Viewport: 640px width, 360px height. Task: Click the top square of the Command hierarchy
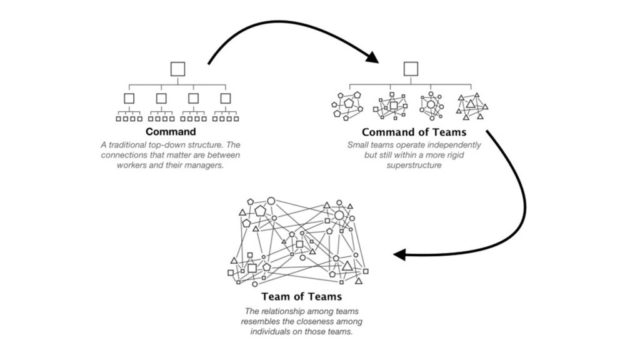click(x=178, y=69)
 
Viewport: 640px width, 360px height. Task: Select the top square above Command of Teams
click(x=411, y=69)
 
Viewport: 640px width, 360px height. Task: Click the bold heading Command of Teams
click(x=414, y=132)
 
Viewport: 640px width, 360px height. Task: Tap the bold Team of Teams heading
click(x=302, y=296)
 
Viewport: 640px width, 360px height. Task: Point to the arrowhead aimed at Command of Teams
click(x=373, y=58)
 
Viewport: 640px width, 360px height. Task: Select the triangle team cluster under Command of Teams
click(x=472, y=105)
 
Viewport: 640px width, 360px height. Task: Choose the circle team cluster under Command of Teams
click(x=431, y=105)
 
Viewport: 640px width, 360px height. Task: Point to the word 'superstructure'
click(x=414, y=165)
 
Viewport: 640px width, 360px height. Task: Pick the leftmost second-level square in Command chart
click(x=129, y=98)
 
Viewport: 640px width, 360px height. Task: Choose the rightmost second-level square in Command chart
click(x=226, y=98)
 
